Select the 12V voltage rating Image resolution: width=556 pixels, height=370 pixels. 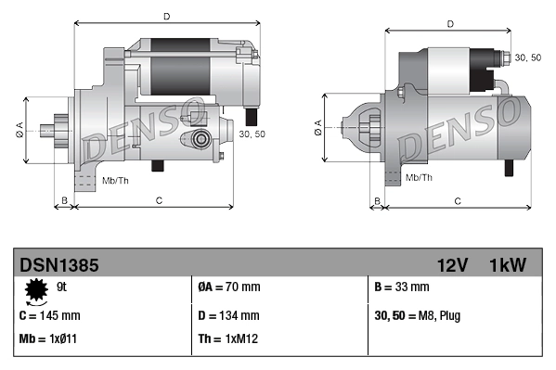pyautogui.click(x=452, y=265)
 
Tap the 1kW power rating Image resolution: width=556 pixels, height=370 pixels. pyautogui.click(x=508, y=265)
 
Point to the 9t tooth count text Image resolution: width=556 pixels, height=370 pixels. pyautogui.click(x=62, y=287)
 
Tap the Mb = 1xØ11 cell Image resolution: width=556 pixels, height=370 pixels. pyautogui.click(x=48, y=339)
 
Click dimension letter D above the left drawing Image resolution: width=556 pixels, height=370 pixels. pyautogui.click(x=166, y=17)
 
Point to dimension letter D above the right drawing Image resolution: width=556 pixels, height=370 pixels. pyautogui.click(x=449, y=25)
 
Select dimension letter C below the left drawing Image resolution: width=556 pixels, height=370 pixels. pyautogui.click(x=159, y=200)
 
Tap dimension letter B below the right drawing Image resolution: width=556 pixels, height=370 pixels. pyautogui.click(x=377, y=200)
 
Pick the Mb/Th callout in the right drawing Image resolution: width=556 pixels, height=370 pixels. pyautogui.click(x=420, y=176)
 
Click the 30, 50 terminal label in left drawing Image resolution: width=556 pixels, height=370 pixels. pyautogui.click(x=252, y=134)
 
